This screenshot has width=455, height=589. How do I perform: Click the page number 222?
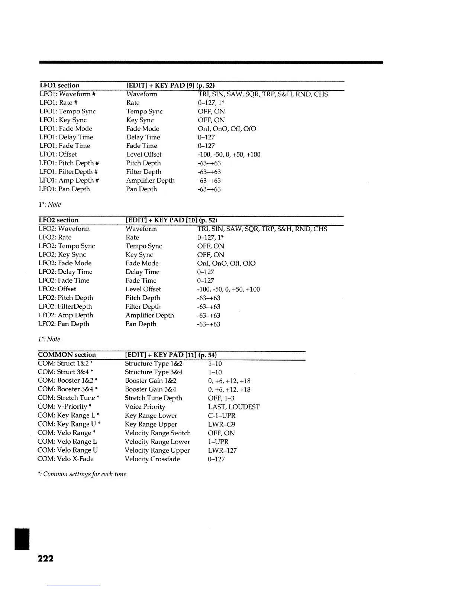(x=45, y=558)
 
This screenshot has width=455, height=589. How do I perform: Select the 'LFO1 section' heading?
(x=59, y=86)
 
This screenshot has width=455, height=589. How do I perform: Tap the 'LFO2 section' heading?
(x=59, y=220)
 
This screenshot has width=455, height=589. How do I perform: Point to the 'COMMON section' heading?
(x=67, y=355)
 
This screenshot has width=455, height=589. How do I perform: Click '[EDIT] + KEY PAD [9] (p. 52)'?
(x=171, y=86)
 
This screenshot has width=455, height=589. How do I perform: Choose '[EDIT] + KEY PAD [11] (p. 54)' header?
(x=171, y=355)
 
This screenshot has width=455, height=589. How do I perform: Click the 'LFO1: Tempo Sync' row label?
(x=67, y=112)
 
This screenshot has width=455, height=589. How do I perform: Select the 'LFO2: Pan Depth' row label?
(x=64, y=324)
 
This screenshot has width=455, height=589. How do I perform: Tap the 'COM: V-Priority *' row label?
(x=65, y=407)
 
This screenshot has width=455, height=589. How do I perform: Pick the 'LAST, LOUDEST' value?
(x=233, y=407)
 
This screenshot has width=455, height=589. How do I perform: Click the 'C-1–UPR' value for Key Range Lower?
(x=222, y=416)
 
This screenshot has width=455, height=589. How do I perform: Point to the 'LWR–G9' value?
(x=222, y=424)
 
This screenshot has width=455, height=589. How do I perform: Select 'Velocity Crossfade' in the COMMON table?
(x=152, y=459)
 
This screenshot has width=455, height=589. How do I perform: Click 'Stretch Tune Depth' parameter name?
(x=154, y=398)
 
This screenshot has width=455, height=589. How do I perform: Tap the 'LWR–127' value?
(x=222, y=450)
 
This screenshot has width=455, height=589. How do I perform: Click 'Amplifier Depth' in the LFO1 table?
(x=150, y=180)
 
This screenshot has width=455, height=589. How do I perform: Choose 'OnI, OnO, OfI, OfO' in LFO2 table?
(x=226, y=263)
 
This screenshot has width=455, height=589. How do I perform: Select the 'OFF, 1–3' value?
(x=221, y=398)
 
